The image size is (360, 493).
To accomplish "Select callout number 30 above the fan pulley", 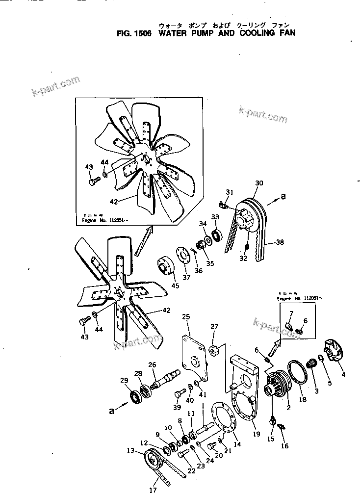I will tap(259, 183).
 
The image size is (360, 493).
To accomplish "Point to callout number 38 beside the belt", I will tap(280, 241).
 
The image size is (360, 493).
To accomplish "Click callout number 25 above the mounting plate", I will tap(186, 317).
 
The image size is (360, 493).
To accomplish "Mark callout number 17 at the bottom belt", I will tap(153, 489).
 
